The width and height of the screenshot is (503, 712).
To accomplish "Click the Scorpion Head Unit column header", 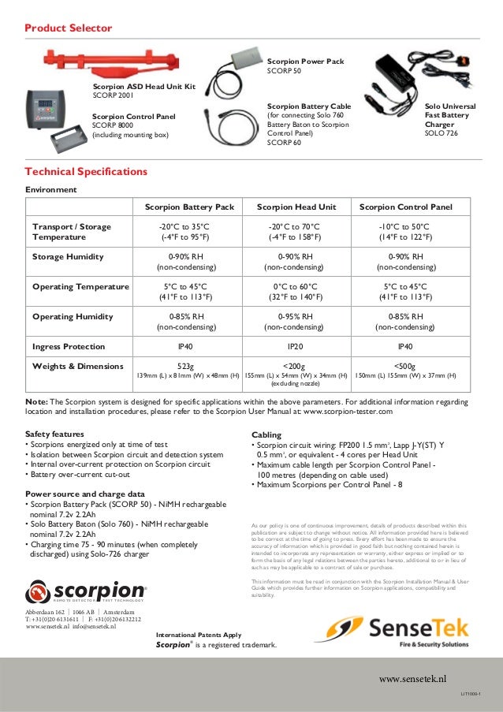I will click(296, 207).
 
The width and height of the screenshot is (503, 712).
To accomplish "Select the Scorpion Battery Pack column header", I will click(189, 207).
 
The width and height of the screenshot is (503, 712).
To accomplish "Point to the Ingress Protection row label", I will click(68, 346).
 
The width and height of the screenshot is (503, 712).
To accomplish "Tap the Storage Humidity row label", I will click(67, 257).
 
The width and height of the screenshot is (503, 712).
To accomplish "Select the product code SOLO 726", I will click(442, 134).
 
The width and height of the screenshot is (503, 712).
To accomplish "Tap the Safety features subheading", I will click(54, 434).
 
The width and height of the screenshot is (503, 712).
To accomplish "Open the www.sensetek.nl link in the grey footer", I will click(412, 677).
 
